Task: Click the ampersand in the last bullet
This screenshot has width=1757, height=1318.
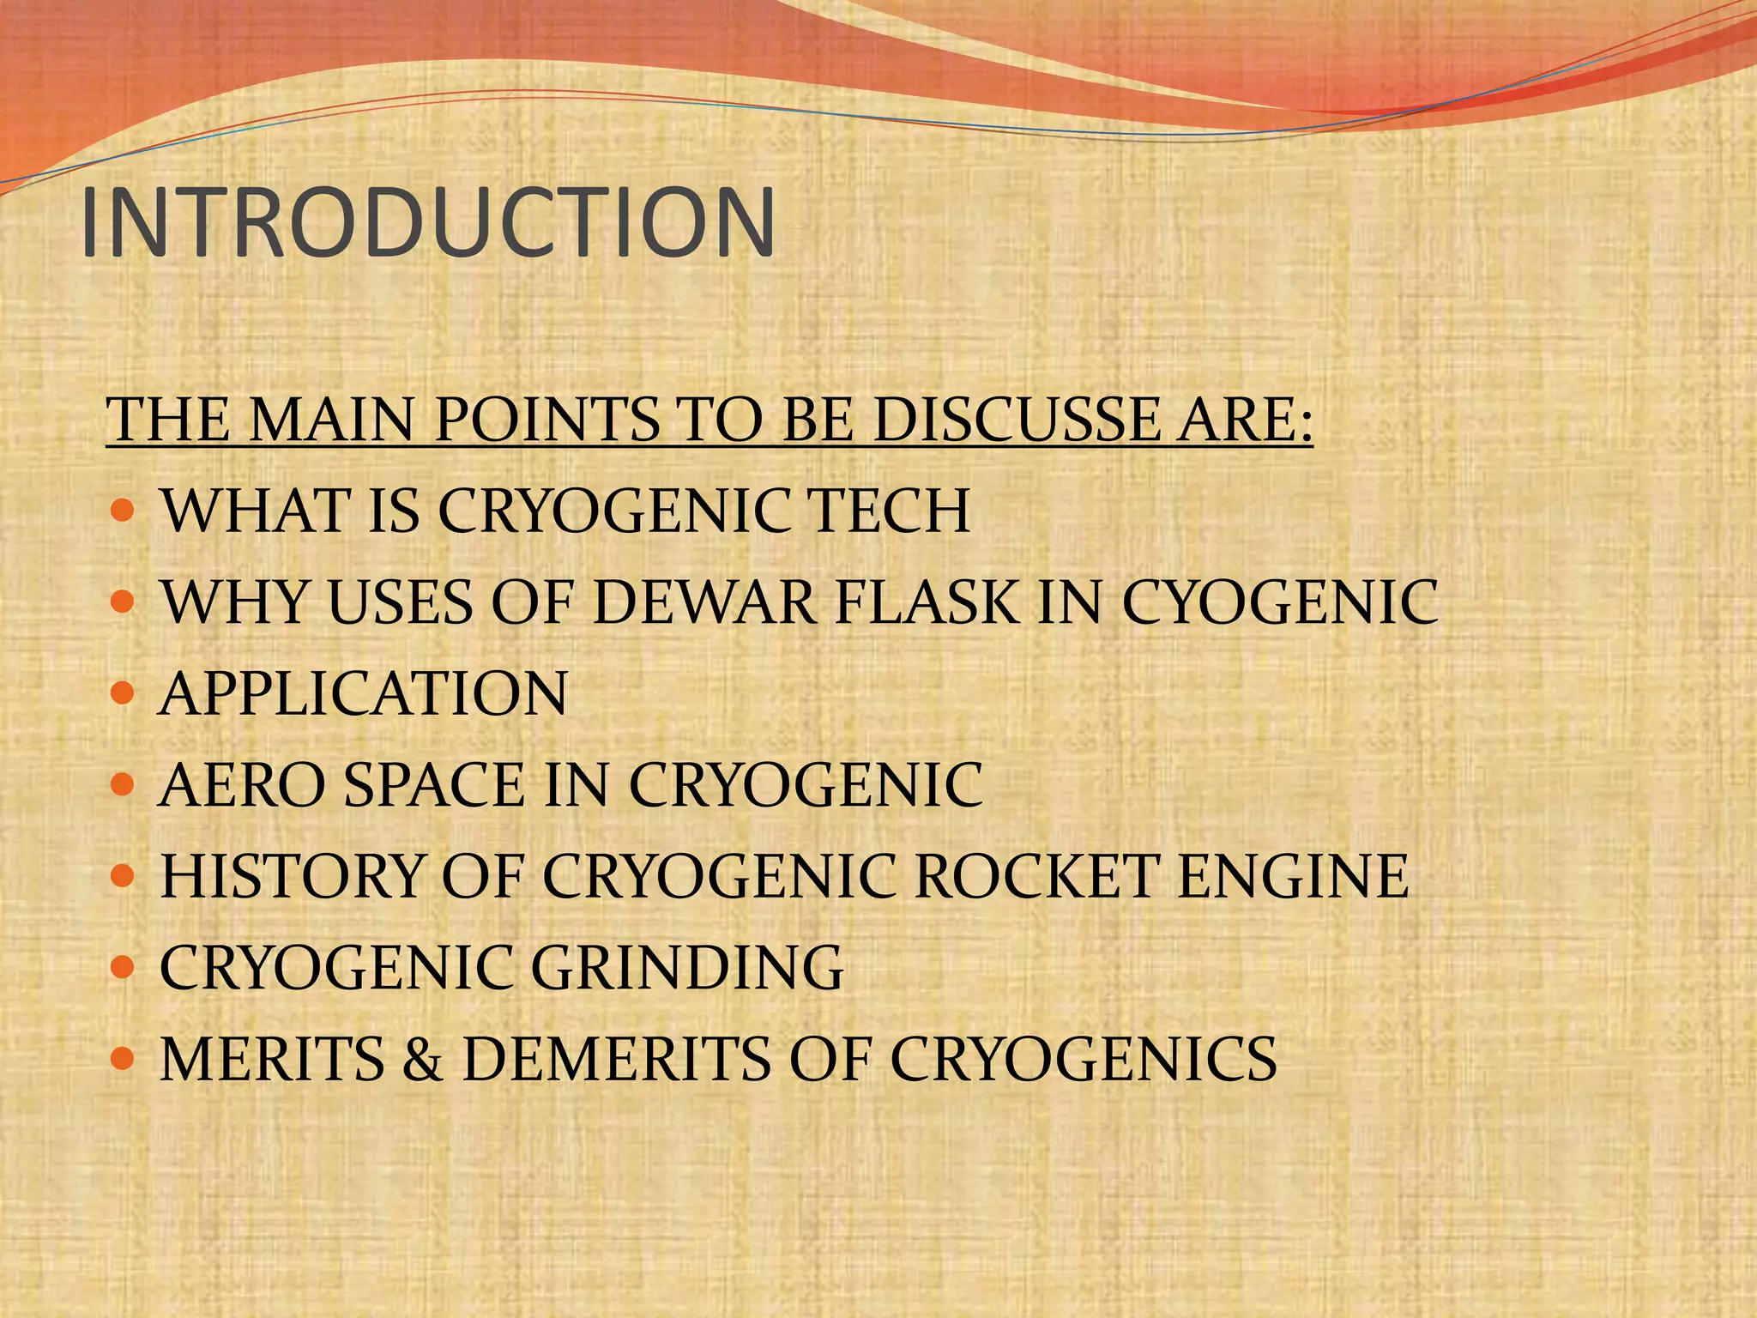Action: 422,1059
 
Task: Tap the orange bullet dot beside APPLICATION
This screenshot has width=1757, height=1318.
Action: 124,692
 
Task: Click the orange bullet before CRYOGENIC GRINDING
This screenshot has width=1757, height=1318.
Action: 124,966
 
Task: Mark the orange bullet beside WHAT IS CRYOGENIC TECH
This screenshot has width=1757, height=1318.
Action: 124,510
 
